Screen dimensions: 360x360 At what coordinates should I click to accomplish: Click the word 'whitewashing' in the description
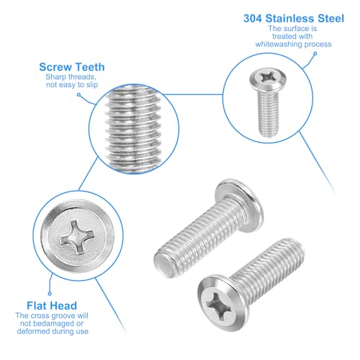click(x=279, y=45)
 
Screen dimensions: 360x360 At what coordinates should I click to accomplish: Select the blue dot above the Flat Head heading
click(x=50, y=293)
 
